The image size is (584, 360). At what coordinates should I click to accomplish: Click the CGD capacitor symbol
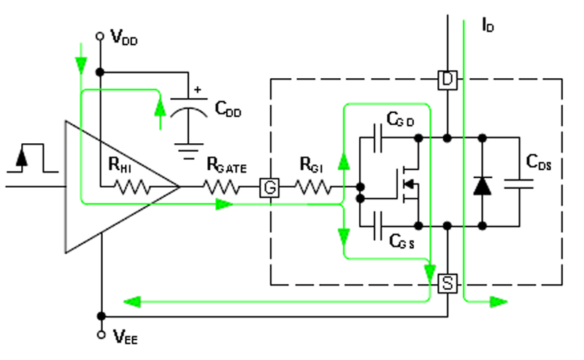[377, 137]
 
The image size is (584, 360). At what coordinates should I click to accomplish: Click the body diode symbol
[481, 185]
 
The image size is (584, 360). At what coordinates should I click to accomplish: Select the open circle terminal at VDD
[101, 34]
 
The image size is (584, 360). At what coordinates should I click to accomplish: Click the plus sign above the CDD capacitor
[196, 91]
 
